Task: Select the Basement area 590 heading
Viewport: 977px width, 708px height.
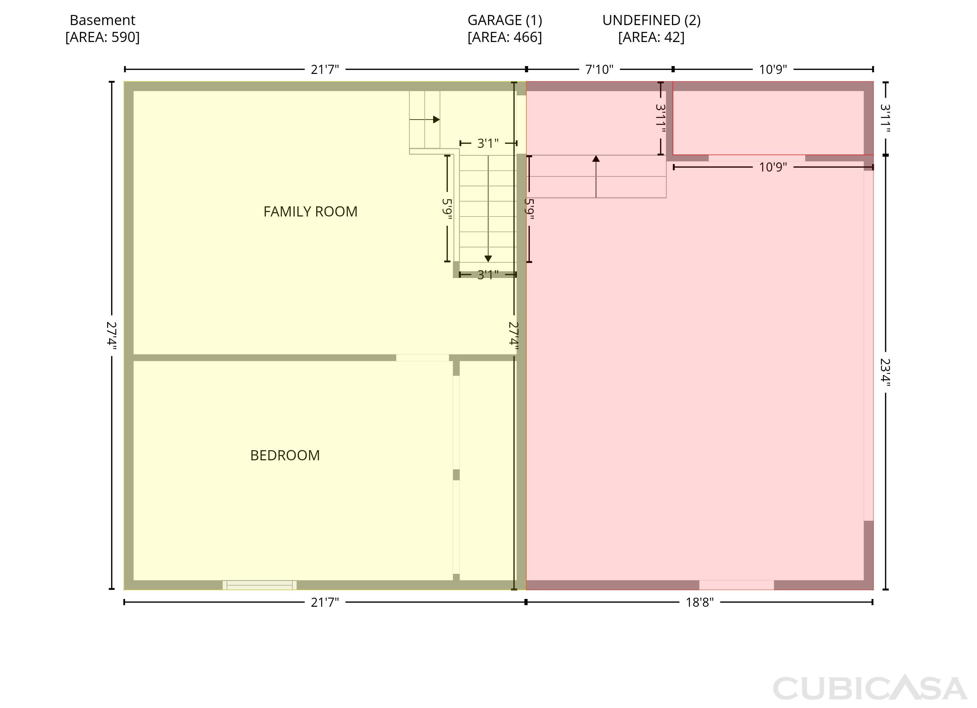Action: pyautogui.click(x=103, y=28)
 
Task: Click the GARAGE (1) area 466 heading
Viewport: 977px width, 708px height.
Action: pyautogui.click(x=504, y=28)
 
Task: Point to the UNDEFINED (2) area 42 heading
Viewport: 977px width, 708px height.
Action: pyautogui.click(x=651, y=28)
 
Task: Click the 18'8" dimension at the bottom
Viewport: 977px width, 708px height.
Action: pyautogui.click(x=700, y=602)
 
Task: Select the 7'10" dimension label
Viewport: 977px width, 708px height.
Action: pyautogui.click(x=599, y=69)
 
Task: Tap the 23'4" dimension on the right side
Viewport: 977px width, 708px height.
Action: pyautogui.click(x=885, y=372)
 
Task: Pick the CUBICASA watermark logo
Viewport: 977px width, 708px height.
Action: pyautogui.click(x=870, y=688)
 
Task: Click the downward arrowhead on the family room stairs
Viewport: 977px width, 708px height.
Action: pyautogui.click(x=488, y=258)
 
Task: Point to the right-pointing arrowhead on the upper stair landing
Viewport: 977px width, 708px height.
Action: pyautogui.click(x=436, y=119)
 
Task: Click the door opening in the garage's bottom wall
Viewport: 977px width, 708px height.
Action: pyautogui.click(x=736, y=585)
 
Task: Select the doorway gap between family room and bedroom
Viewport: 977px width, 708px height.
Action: pyautogui.click(x=422, y=357)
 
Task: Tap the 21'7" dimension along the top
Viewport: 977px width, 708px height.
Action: pyautogui.click(x=325, y=69)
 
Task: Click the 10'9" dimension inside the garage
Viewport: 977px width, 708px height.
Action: pyautogui.click(x=773, y=167)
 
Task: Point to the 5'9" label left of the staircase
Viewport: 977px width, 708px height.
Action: pyautogui.click(x=447, y=208)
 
